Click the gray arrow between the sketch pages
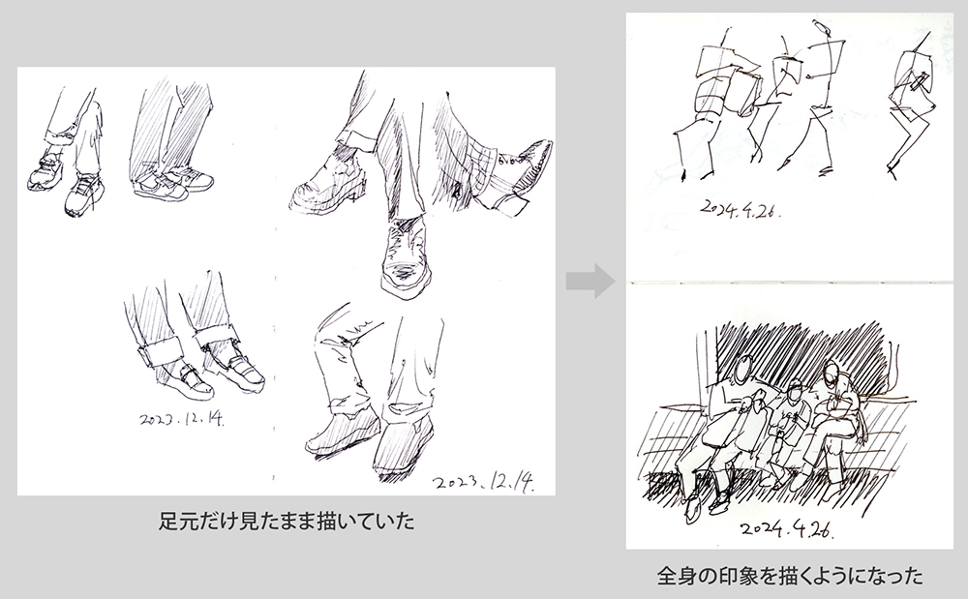pos(590,281)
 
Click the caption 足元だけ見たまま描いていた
pos(287,522)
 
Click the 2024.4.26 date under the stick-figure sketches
pos(741,209)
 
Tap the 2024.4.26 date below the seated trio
pos(788,528)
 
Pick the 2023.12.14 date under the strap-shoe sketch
pos(182,419)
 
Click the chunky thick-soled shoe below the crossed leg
pos(325,184)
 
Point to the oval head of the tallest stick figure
pos(822,27)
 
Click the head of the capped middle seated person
pos(795,390)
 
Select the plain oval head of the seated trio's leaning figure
pos(743,369)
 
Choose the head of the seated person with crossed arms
pos(831,374)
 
